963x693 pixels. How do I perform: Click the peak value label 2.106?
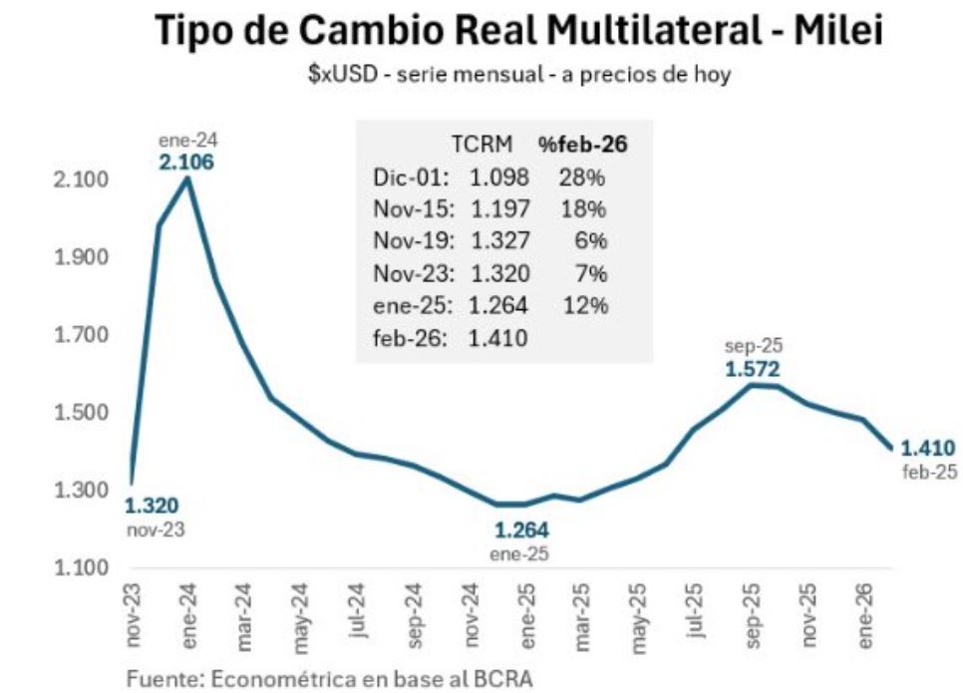tap(186, 162)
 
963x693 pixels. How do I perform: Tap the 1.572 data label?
tap(753, 369)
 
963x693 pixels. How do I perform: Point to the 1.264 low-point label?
tap(522, 529)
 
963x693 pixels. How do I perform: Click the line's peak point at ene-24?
tap(187, 179)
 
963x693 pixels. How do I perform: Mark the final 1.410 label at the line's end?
tap(927, 448)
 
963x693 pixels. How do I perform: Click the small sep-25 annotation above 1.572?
tap(754, 347)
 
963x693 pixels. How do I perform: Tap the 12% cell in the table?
tap(586, 304)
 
